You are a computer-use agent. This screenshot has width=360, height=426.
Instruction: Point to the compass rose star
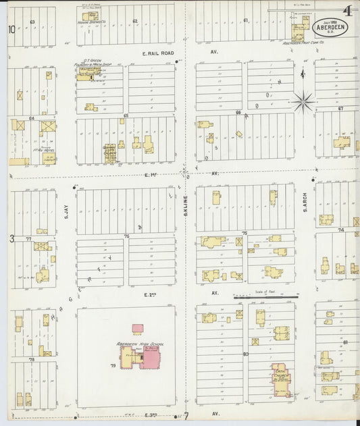click(x=303, y=102)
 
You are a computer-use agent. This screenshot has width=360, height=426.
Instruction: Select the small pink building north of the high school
click(x=138, y=328)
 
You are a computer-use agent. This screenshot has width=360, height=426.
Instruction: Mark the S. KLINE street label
click(x=185, y=205)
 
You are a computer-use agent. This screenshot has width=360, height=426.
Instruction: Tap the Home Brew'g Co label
click(x=90, y=22)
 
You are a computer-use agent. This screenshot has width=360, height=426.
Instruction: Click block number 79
click(x=113, y=367)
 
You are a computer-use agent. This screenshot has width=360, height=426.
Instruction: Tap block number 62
click(x=135, y=21)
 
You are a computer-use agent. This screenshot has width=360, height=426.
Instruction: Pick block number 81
click(x=345, y=342)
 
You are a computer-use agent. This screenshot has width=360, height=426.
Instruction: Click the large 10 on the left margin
click(x=11, y=29)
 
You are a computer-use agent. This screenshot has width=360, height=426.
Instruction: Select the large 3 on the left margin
click(x=11, y=238)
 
